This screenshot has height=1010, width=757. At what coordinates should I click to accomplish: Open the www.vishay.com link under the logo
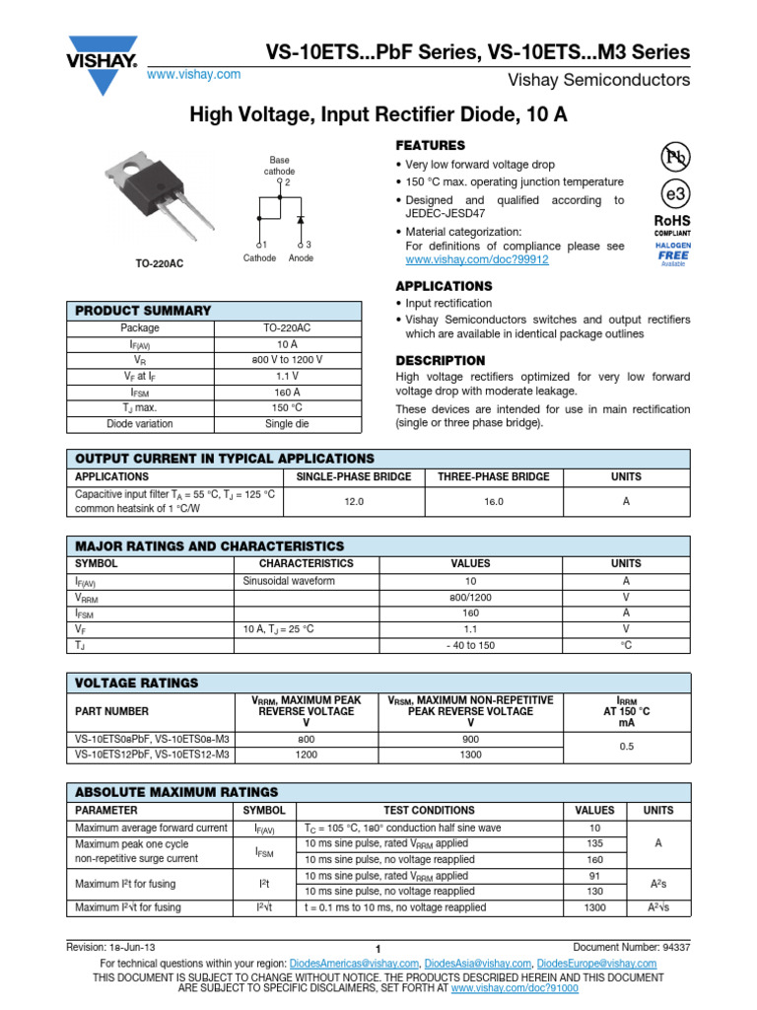(x=193, y=75)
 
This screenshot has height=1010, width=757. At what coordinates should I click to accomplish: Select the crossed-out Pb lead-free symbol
(x=674, y=156)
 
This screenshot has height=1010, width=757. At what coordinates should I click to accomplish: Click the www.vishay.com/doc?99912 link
(x=477, y=259)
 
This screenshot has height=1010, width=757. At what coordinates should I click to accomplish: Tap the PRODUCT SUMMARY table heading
(x=144, y=311)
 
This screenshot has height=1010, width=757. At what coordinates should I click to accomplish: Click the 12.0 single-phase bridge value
(x=353, y=502)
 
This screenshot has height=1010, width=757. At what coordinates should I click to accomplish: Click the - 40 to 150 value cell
(x=470, y=645)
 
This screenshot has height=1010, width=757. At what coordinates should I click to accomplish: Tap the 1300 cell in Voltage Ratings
(x=470, y=755)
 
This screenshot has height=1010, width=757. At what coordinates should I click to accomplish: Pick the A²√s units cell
(x=658, y=907)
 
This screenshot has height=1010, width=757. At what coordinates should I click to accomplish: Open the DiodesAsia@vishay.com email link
(x=480, y=963)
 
